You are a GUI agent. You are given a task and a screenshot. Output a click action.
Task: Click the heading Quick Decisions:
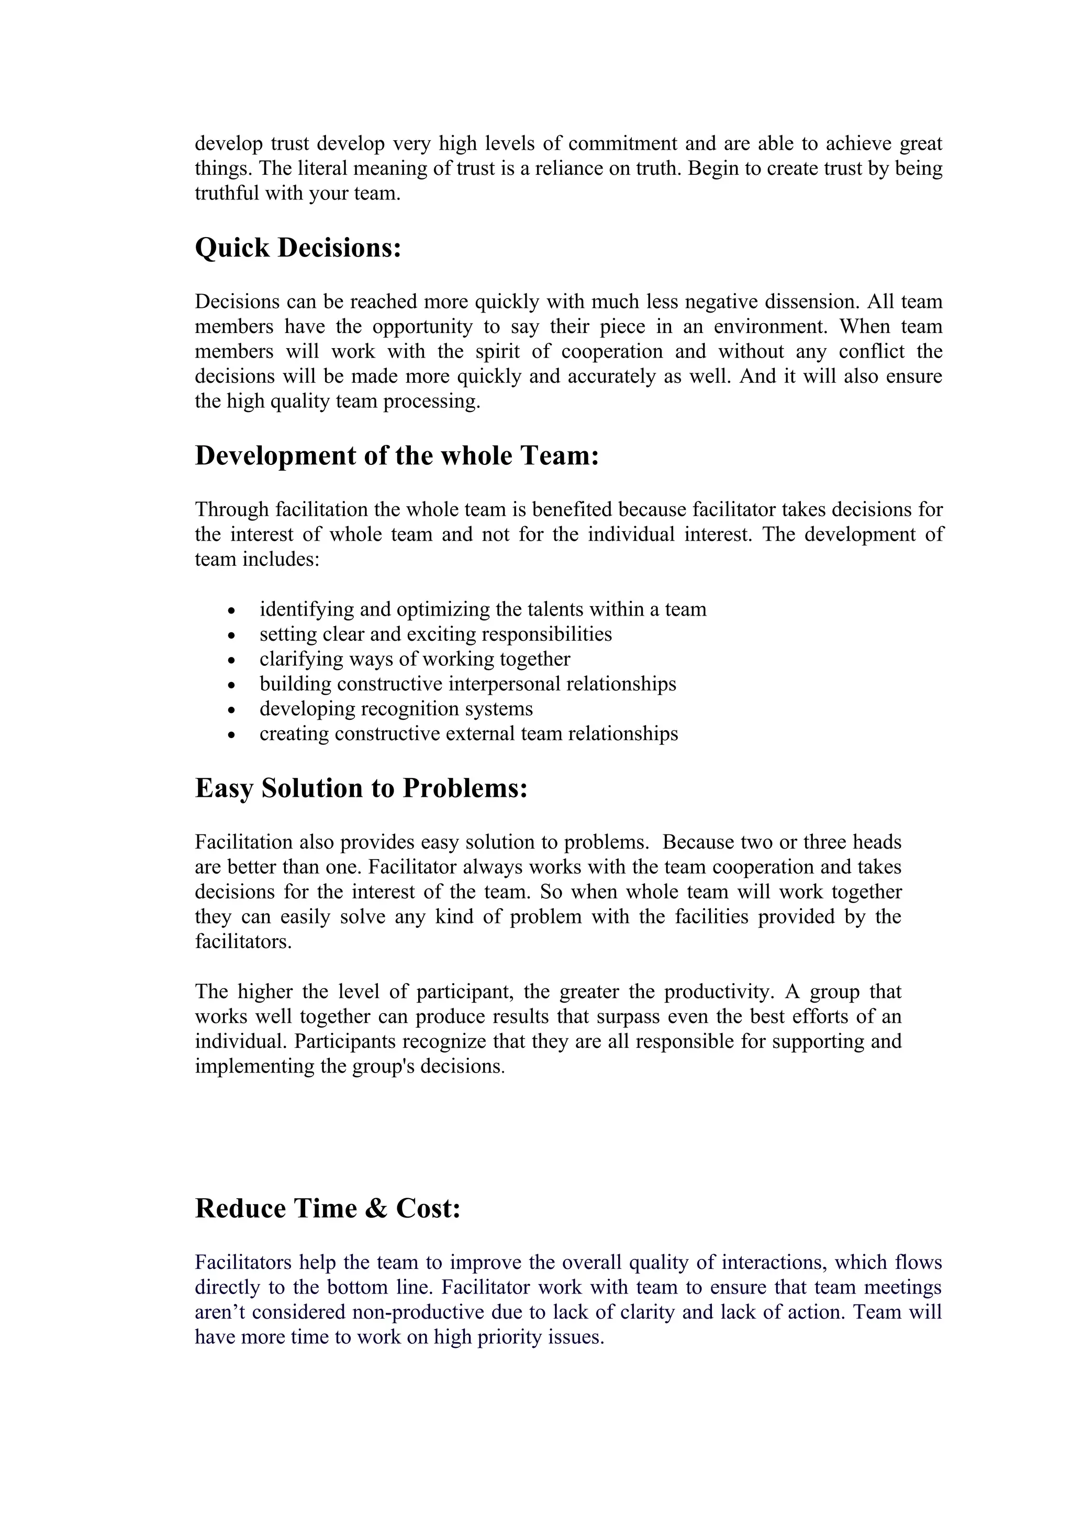pyautogui.click(x=298, y=249)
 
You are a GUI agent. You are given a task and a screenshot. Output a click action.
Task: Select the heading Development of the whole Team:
pyautogui.click(x=396, y=456)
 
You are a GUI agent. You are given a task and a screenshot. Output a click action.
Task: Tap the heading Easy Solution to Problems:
pyautogui.click(x=361, y=788)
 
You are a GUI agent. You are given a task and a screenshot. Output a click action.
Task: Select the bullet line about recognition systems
pyautogui.click(x=396, y=709)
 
